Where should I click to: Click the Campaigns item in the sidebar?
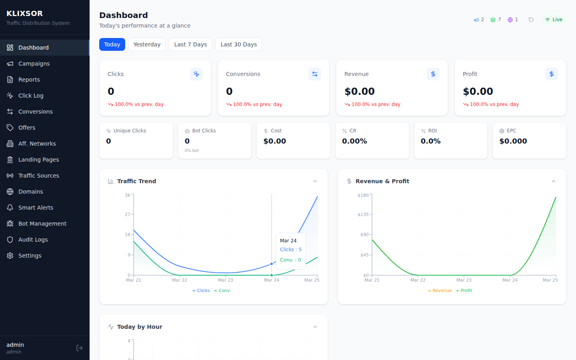coord(34,64)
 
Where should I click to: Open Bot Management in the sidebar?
coord(42,224)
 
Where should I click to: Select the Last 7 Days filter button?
coord(190,44)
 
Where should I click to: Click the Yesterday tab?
coord(147,44)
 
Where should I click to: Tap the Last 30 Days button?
coord(238,44)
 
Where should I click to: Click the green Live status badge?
coord(554,20)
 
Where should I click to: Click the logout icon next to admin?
coord(80,348)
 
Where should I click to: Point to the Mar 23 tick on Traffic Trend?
coord(225,280)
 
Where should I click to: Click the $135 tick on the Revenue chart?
coord(363,215)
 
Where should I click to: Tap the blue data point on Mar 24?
coord(272,264)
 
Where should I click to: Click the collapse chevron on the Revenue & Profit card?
coord(554,181)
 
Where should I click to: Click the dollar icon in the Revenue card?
coord(433,74)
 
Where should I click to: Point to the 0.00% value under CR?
coord(354,141)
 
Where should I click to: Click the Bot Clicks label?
coord(204,131)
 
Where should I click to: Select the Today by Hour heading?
coord(140,327)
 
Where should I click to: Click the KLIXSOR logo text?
coord(25,14)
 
